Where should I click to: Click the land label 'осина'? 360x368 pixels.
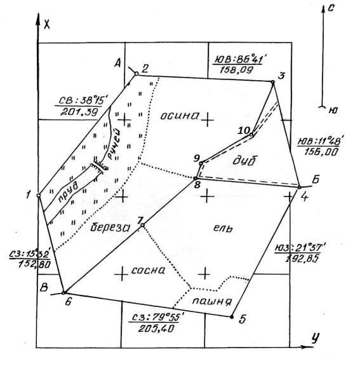click(x=180, y=116)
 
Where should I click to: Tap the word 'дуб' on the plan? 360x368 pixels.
click(x=245, y=161)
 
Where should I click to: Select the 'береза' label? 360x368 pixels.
click(x=110, y=227)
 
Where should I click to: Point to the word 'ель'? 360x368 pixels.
click(x=223, y=228)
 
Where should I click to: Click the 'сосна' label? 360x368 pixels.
click(x=148, y=270)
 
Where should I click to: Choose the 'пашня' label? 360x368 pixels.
click(x=212, y=301)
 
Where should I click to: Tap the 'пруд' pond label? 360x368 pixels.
click(x=67, y=192)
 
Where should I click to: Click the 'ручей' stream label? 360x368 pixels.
click(x=114, y=144)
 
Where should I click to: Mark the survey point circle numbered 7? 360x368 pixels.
click(x=142, y=225)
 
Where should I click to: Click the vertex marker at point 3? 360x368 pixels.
click(x=272, y=82)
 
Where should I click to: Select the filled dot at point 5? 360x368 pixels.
click(x=232, y=317)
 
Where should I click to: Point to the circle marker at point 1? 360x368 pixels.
click(x=39, y=195)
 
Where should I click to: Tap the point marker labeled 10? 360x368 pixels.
click(x=251, y=135)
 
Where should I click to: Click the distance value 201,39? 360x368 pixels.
click(x=79, y=112)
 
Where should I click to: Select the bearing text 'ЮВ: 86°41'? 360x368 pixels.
click(x=238, y=60)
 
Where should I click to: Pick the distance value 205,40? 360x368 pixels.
click(x=156, y=329)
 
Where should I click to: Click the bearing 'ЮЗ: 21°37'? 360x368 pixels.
click(x=300, y=249)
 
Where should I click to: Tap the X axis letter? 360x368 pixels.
click(x=47, y=24)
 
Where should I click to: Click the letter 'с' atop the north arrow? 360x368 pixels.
click(x=330, y=8)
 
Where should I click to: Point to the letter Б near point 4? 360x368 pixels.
click(x=316, y=179)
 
